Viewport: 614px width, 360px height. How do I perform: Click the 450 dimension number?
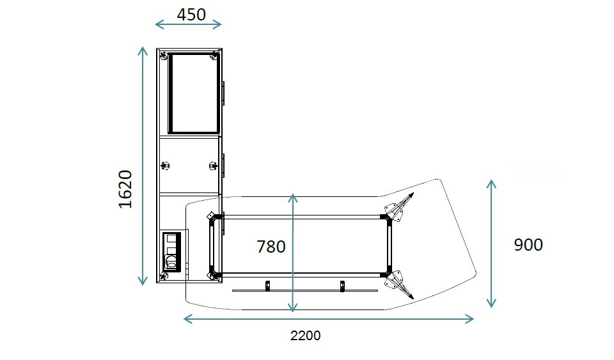[191, 14]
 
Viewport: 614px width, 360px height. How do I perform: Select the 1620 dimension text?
[125, 189]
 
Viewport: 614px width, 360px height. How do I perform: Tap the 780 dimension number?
[271, 246]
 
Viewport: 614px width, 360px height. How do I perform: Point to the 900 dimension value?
[528, 244]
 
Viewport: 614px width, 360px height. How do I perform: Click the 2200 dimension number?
[306, 336]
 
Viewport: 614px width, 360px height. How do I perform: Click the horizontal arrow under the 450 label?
[188, 25]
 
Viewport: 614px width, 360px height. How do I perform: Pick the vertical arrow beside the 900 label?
[491, 244]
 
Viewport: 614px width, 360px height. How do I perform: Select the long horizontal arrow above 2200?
[329, 318]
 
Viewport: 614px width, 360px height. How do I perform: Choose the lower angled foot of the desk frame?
[396, 282]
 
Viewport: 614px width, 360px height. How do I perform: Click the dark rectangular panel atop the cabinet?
[194, 93]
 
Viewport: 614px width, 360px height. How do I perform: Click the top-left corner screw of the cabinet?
[164, 57]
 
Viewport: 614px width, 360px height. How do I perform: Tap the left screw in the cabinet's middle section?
[166, 166]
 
